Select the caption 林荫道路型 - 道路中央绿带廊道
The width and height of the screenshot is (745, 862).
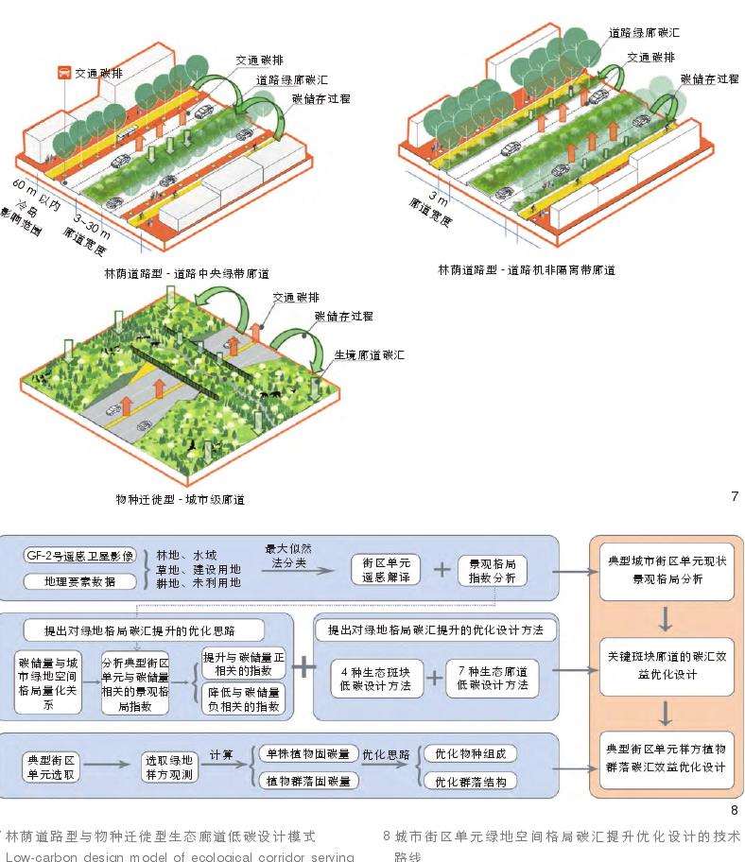(x=187, y=273)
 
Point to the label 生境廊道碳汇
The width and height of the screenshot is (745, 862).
(x=370, y=355)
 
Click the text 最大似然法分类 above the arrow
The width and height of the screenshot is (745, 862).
(x=295, y=556)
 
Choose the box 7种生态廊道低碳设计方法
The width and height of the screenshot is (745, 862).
(x=492, y=679)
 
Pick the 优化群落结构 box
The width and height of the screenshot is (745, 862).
(x=470, y=782)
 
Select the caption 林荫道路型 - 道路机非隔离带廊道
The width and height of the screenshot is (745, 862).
(x=526, y=270)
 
